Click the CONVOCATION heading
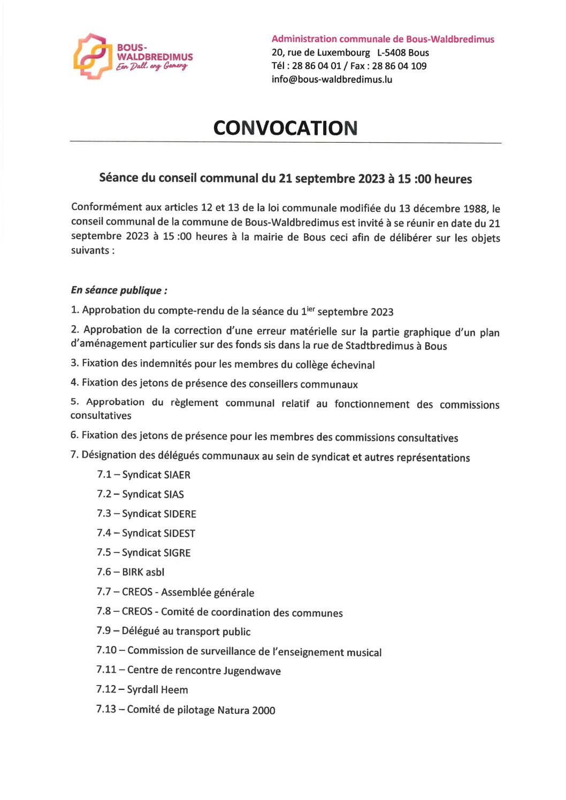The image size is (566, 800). pyautogui.click(x=285, y=128)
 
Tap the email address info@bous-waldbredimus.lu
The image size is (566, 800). pyautogui.click(x=332, y=80)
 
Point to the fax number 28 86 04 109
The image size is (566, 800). pyautogui.click(x=399, y=66)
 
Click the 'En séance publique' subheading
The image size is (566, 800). pyautogui.click(x=119, y=290)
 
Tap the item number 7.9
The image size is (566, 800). pyautogui.click(x=104, y=631)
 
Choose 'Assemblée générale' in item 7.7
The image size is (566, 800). pyautogui.click(x=208, y=593)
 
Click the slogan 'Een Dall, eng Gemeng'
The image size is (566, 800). pyautogui.click(x=152, y=66)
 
